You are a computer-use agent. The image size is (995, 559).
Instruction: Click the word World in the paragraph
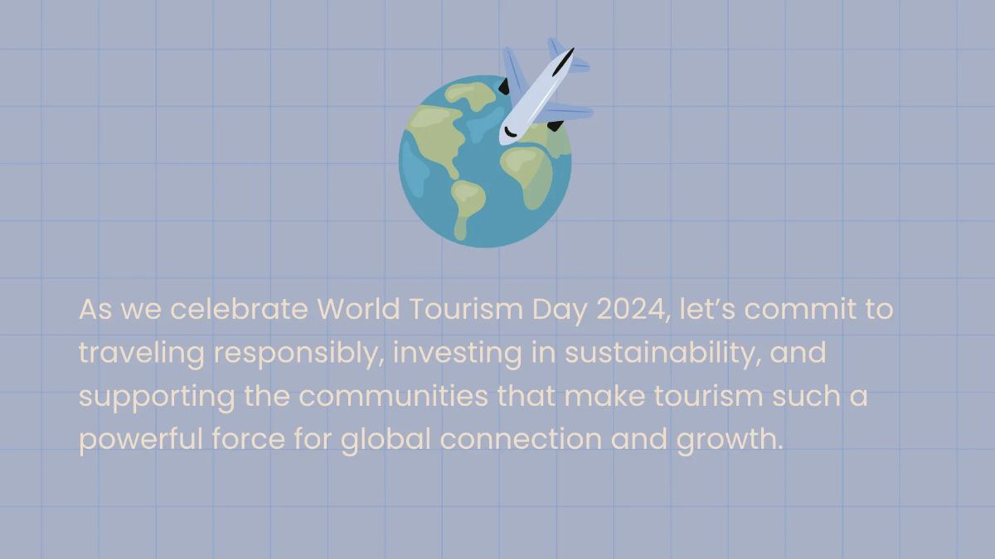click(x=357, y=310)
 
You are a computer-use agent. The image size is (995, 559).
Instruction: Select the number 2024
click(x=633, y=310)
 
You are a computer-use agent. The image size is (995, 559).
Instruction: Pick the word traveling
click(x=141, y=354)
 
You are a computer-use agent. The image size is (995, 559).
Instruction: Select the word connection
click(x=521, y=440)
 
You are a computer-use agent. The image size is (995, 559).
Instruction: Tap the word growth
click(x=730, y=440)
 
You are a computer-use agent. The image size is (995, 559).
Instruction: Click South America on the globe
click(x=466, y=203)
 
